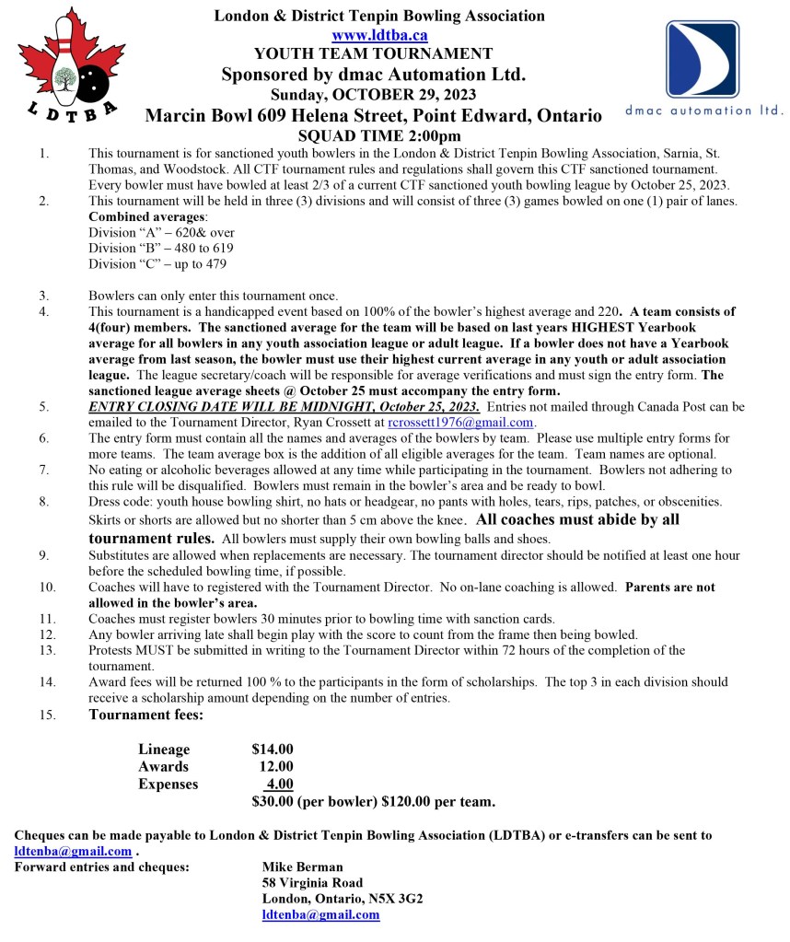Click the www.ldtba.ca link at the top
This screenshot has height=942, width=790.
pyautogui.click(x=379, y=35)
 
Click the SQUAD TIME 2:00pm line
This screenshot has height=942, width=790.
pyautogui.click(x=373, y=135)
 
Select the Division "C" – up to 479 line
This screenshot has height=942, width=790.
pyautogui.click(x=157, y=263)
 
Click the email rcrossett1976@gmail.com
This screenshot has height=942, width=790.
pyautogui.click(x=460, y=422)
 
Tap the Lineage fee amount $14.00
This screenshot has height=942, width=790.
pyautogui.click(x=273, y=750)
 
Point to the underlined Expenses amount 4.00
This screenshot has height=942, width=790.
pyautogui.click(x=279, y=784)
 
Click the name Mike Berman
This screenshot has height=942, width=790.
pyautogui.click(x=302, y=866)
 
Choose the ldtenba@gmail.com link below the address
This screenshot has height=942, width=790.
pyautogui.click(x=320, y=914)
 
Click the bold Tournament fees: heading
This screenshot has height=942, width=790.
pyautogui.click(x=146, y=715)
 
